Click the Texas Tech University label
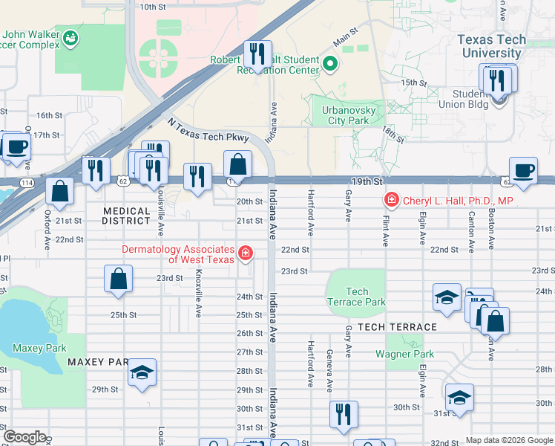click(x=491, y=46)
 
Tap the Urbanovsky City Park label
click(x=345, y=114)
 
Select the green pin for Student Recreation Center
click(x=331, y=65)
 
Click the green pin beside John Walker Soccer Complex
click(x=71, y=36)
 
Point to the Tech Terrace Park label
click(x=356, y=297)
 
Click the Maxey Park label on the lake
click(x=39, y=348)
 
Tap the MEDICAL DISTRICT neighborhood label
click(x=127, y=216)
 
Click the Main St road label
click(x=345, y=35)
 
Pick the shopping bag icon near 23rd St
click(x=119, y=280)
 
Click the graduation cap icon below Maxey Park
click(x=142, y=373)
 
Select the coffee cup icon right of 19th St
click(x=523, y=170)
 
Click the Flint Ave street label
click(x=386, y=227)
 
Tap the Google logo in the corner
click(x=25, y=437)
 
